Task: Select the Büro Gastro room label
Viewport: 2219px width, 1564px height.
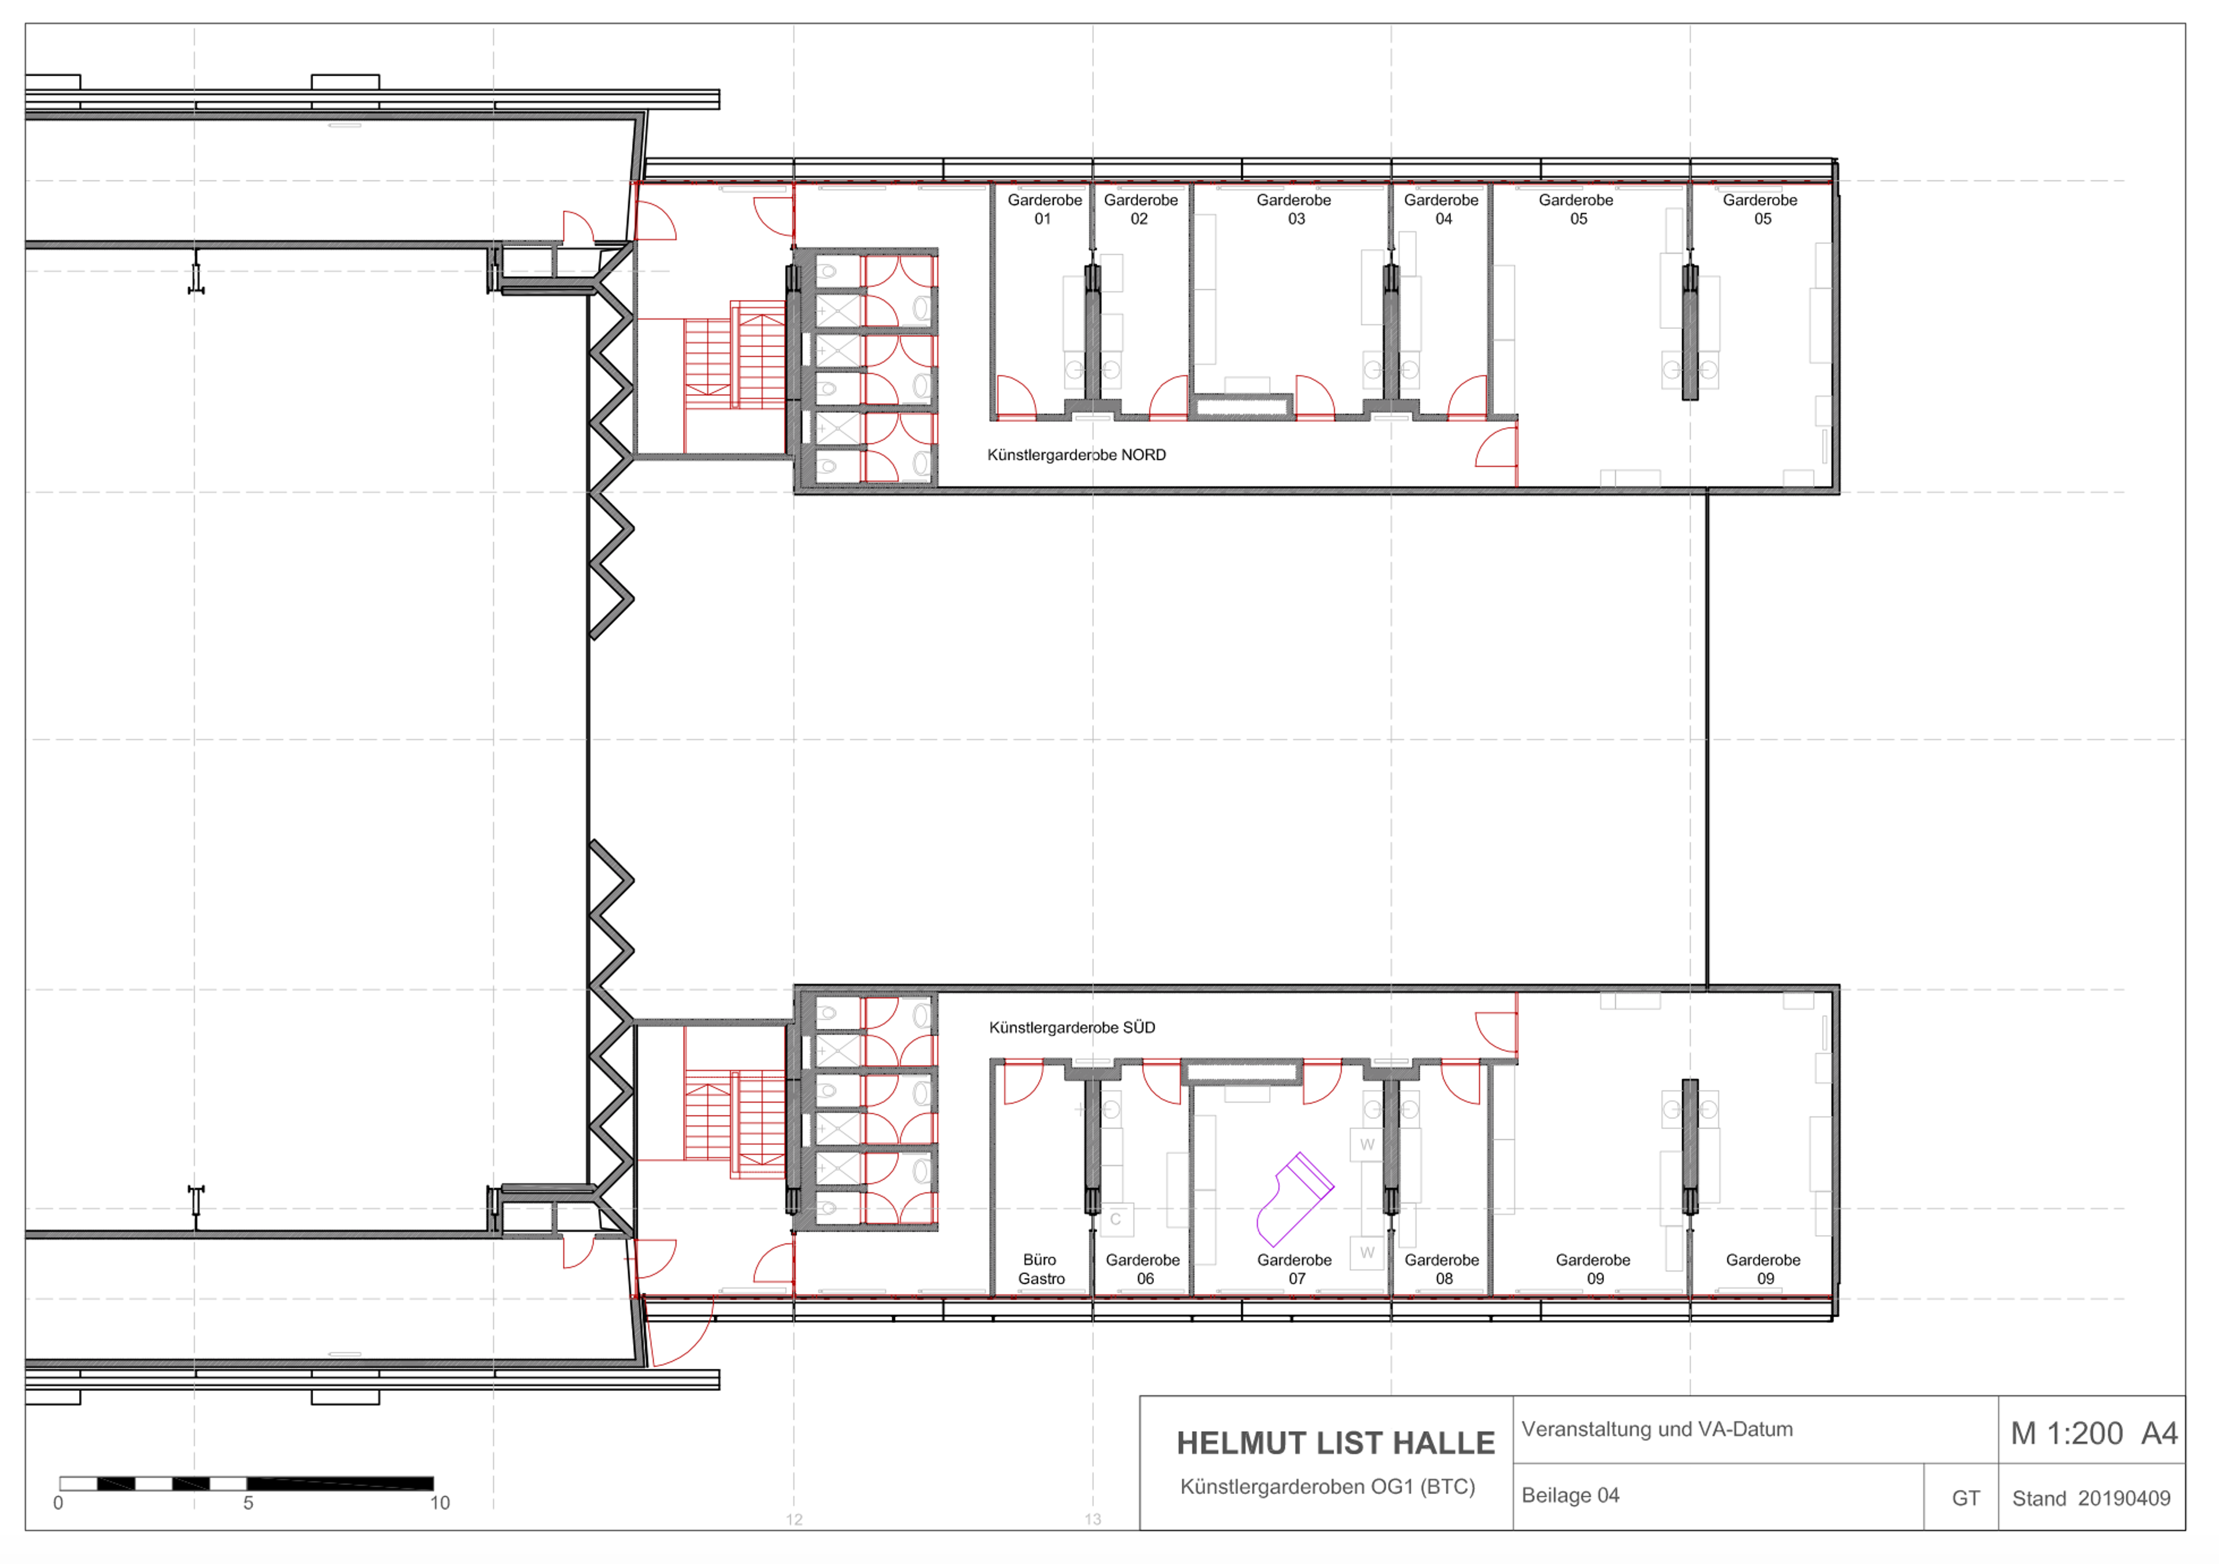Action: (x=1041, y=1269)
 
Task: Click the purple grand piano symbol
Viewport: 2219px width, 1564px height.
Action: (x=1295, y=1199)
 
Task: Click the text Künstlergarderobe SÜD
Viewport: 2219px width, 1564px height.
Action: (x=1072, y=1028)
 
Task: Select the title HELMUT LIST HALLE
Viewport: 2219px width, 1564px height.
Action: (x=1335, y=1443)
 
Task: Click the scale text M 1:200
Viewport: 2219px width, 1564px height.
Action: (x=2067, y=1433)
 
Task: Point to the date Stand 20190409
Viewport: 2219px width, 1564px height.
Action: (x=2091, y=1498)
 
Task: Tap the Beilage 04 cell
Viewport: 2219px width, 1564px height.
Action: (x=1571, y=1495)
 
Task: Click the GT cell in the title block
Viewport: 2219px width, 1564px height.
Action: (x=1966, y=1498)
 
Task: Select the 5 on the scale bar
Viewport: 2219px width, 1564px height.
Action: (x=248, y=1503)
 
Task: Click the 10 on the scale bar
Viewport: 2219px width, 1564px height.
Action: (x=440, y=1503)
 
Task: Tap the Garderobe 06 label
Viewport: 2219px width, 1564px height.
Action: (x=1144, y=1269)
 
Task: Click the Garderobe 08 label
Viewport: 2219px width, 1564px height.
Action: (x=1442, y=1269)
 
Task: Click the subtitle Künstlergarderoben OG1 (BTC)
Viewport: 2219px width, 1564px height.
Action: (x=1328, y=1487)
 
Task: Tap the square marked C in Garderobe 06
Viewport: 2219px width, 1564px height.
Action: (x=1116, y=1220)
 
